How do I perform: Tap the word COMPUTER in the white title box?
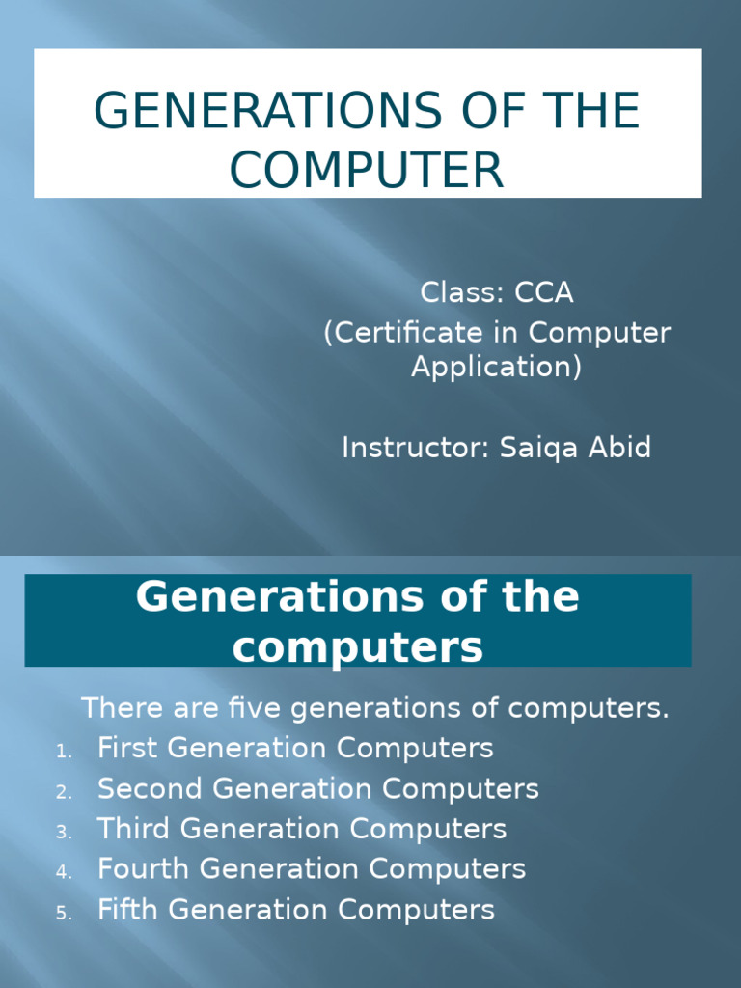point(367,170)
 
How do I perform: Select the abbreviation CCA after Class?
point(544,292)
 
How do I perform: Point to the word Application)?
point(496,368)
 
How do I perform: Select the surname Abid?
point(619,448)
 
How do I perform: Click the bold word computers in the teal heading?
point(358,647)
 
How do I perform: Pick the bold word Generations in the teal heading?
point(280,596)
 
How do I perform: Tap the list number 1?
point(64,752)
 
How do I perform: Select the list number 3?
point(64,833)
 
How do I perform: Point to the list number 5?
point(64,913)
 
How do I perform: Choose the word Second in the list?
point(150,788)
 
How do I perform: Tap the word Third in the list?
point(133,829)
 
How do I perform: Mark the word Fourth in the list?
point(144,869)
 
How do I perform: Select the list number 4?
point(64,872)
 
